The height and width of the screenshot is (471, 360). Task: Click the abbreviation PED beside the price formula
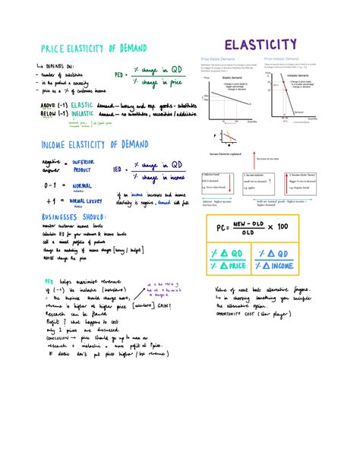tap(119, 74)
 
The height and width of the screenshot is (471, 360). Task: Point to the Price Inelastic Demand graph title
tap(284, 58)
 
